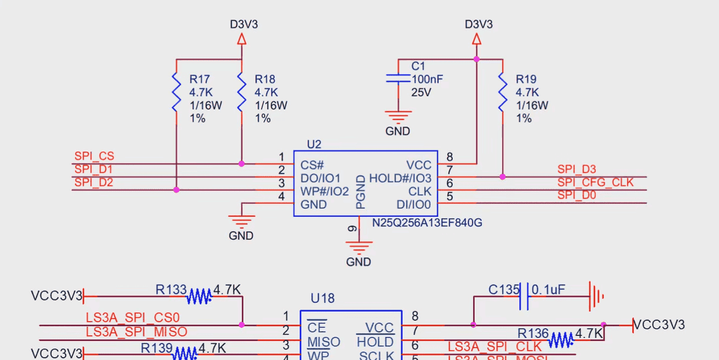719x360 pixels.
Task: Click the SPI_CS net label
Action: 94,156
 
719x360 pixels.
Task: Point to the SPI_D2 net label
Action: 94,183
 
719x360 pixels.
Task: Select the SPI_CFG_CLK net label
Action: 595,183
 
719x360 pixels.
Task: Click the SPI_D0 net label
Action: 576,195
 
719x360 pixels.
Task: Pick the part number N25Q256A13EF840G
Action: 427,223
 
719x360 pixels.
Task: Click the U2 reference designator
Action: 314,144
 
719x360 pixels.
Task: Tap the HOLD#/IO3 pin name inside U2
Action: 401,179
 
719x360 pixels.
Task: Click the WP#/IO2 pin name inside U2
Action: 325,192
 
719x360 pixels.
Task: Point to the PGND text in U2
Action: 360,192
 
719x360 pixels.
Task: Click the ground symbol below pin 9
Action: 358,247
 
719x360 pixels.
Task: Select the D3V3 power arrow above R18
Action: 242,39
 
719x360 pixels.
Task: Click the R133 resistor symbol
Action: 199,296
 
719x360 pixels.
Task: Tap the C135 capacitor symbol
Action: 524,296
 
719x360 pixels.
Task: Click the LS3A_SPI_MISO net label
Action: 136,332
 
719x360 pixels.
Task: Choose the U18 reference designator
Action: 322,298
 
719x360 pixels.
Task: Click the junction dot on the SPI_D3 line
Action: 502,177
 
